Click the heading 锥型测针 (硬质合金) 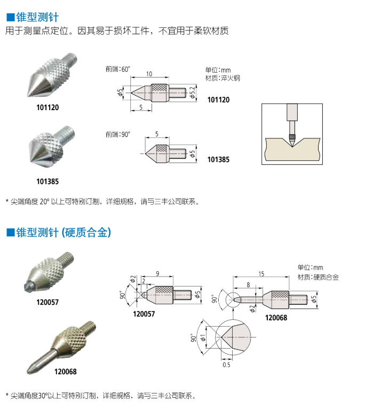(x=59, y=232)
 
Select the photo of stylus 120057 (x=49, y=274)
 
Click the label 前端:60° (x=118, y=69)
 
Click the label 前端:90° (x=118, y=135)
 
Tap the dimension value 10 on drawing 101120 (x=149, y=73)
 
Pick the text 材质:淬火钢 (x=223, y=78)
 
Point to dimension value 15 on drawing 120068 (x=261, y=274)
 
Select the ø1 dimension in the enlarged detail (x=202, y=338)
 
